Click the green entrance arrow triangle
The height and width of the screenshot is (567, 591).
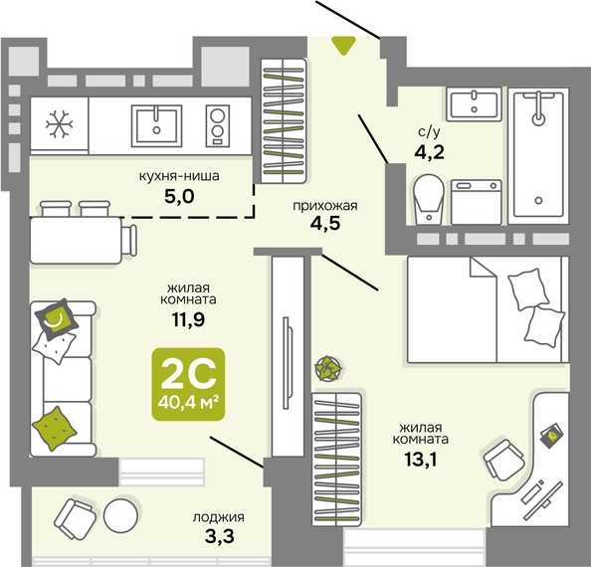[x=343, y=45]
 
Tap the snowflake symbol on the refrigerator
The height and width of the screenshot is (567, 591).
[x=59, y=124]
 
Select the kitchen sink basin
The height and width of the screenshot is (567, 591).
[x=156, y=125]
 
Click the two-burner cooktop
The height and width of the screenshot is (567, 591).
[x=218, y=125]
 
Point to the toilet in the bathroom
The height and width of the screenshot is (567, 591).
[x=429, y=199]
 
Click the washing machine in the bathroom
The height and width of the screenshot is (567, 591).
[x=477, y=202]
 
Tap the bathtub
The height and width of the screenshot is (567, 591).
[x=538, y=156]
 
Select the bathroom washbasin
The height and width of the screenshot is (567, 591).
[x=475, y=104]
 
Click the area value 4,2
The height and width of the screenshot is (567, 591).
[x=429, y=152]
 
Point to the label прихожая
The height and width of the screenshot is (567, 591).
[x=325, y=206]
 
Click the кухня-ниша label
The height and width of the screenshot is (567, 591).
[x=179, y=176]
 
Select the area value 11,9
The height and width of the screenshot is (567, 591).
[x=188, y=320]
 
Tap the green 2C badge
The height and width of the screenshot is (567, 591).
[x=188, y=384]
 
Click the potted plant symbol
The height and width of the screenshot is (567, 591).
[x=328, y=368]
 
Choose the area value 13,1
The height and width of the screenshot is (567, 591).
[x=421, y=460]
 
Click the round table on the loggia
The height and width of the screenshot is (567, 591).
[x=121, y=515]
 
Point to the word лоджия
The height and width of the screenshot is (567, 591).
[x=219, y=517]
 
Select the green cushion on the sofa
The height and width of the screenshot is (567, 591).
[x=55, y=428]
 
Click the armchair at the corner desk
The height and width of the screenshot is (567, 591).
[x=503, y=460]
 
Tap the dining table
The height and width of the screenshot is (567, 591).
[x=76, y=240]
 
